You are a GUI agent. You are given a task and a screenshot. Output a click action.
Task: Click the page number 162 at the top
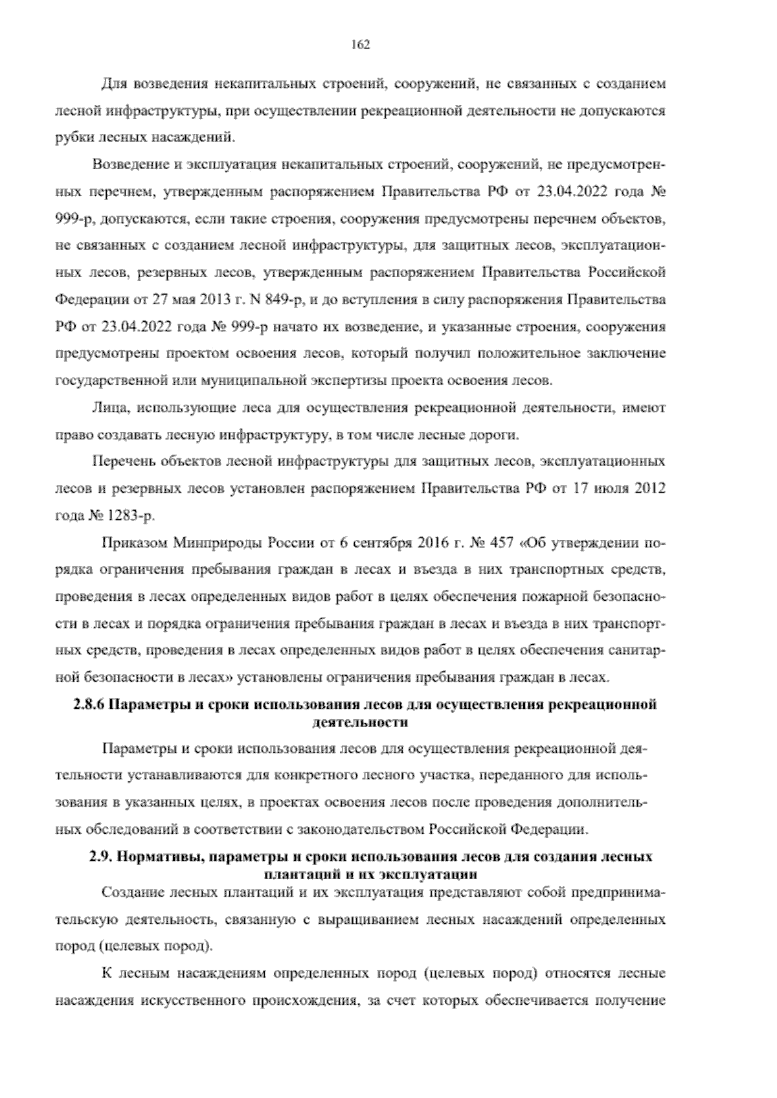point(360,45)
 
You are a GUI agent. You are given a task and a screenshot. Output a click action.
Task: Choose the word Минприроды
point(218,543)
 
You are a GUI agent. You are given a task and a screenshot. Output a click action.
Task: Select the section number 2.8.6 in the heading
point(88,705)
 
